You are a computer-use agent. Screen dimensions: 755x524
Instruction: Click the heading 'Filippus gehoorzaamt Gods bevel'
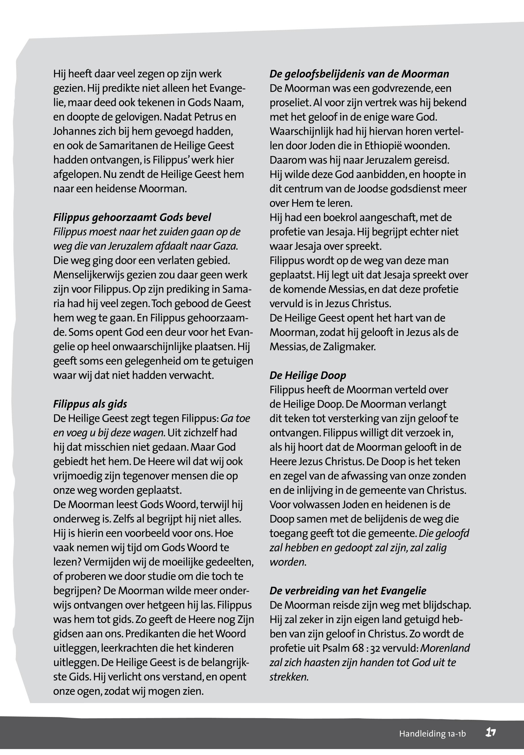pos(132,217)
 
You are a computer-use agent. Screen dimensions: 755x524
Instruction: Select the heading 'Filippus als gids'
pos(90,404)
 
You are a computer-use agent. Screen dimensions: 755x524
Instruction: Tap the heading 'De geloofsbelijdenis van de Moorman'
pos(359,74)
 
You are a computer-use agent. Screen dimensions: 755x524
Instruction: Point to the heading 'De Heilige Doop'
pos(308,375)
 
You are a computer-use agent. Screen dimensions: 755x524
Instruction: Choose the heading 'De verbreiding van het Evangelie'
pos(348,591)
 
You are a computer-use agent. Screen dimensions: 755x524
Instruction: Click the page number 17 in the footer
pos(490,732)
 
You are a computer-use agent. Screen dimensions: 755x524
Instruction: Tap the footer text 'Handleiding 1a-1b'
pos(432,733)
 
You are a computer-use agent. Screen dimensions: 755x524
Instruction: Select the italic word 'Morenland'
pos(445,648)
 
